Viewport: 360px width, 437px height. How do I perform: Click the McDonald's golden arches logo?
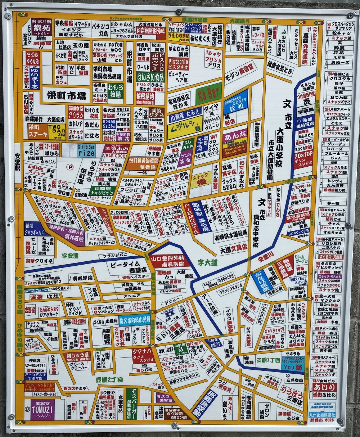coord(31,387)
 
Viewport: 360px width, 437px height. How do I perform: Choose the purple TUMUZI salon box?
coord(39,409)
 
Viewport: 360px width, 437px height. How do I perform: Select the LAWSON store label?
coord(170,312)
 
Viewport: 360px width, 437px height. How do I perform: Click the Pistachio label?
coord(178,64)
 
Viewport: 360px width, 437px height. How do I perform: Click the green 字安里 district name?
coord(70,256)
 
